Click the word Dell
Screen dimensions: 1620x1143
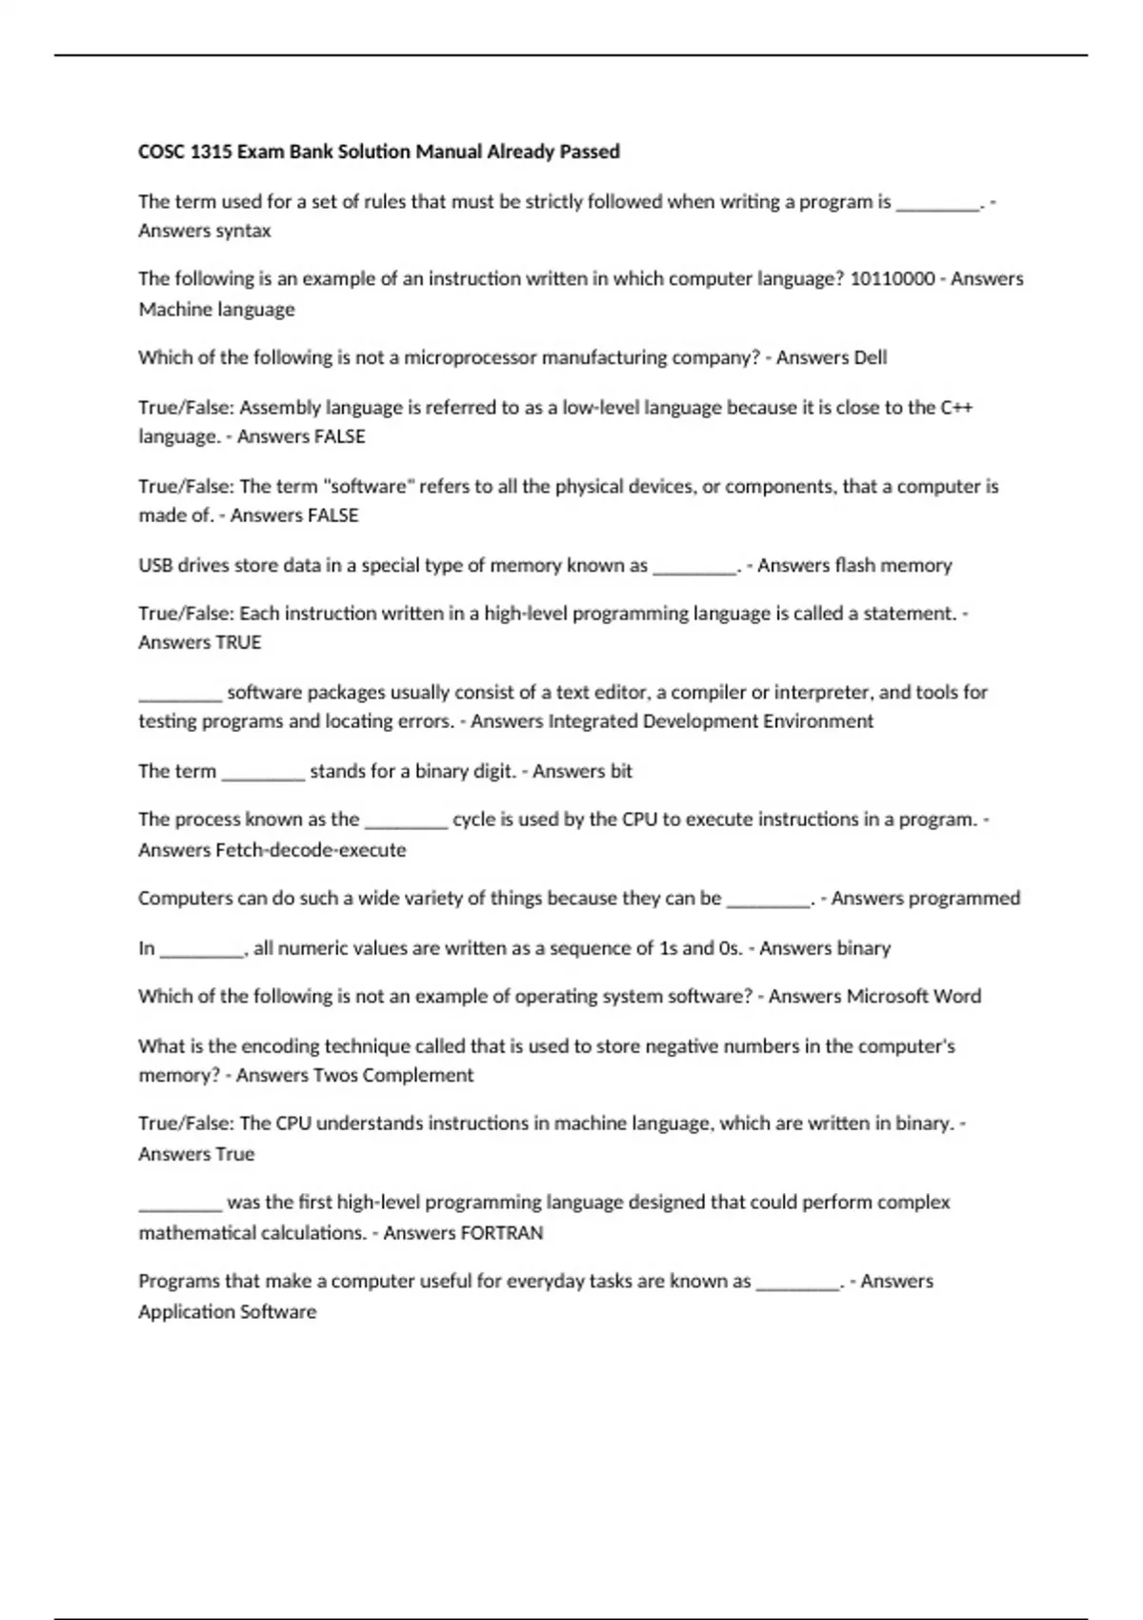pos(871,357)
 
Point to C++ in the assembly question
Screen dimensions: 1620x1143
pos(956,407)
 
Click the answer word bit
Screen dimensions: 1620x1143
pos(620,771)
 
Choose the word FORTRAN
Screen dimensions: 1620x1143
pos(501,1233)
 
